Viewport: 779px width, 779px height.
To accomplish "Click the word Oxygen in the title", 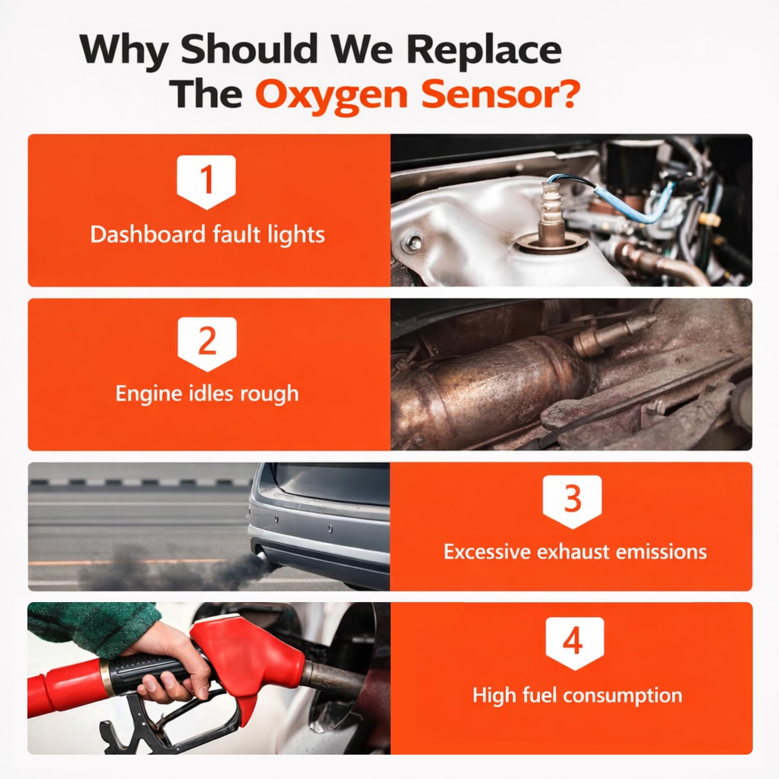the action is point(332,96).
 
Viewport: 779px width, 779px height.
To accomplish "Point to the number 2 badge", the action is point(207,344).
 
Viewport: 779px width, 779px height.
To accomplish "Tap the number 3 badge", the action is point(573,501).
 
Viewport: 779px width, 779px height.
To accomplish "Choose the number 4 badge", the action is point(575,643).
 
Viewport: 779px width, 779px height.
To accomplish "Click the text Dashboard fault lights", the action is point(207,235).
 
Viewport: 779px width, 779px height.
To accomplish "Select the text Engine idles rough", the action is point(207,393).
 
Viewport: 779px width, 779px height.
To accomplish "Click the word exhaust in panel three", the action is point(573,552).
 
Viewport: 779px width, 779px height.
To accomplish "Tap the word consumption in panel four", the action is point(622,696).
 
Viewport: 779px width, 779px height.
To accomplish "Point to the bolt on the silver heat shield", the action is point(414,241).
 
